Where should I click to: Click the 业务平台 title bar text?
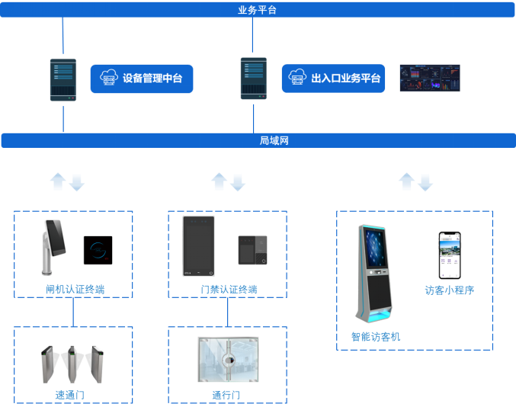coord(257,10)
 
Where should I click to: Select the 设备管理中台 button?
coord(141,79)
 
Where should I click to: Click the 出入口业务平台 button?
coord(333,79)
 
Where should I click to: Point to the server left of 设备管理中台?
coord(63,79)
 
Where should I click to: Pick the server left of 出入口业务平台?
coord(253,79)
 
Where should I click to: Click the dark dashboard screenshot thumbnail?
coord(430,78)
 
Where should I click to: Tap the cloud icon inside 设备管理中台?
coord(109,78)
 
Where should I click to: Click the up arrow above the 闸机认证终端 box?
coord(58,181)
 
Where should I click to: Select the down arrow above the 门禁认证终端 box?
coord(238,182)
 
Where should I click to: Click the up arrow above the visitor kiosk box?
coord(406,181)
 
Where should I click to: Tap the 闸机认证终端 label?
coord(75,289)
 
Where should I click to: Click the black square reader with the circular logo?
coord(98,250)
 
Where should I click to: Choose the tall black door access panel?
coord(199,246)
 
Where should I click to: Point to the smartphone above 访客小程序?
coord(450,255)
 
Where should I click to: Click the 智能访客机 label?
coord(375,336)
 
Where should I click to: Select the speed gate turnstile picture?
coord(73,364)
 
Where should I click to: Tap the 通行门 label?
coord(226,395)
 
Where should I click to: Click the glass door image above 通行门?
coord(227,361)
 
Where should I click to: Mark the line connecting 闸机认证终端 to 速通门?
coord(73,312)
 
